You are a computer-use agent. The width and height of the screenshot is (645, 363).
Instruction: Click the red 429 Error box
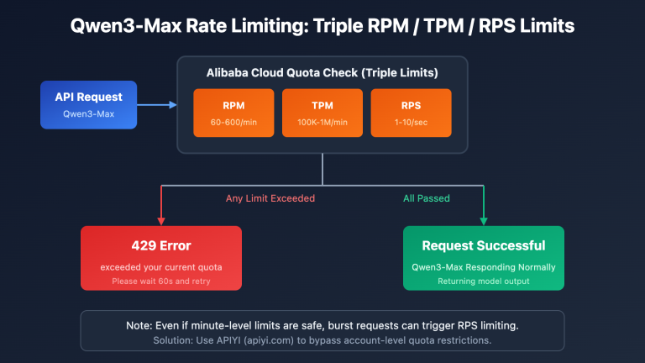[x=160, y=257]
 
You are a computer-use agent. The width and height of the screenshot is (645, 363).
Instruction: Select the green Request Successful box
[x=484, y=257]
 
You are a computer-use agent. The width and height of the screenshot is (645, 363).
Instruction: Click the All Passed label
[x=427, y=199]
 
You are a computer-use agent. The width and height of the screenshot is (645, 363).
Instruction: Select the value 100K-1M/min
[x=322, y=123]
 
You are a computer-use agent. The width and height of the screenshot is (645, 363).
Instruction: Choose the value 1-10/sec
[x=411, y=123]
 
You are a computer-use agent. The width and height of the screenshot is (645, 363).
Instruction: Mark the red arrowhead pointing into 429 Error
[x=160, y=222]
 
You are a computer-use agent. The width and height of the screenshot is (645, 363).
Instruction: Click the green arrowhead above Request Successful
[x=484, y=222]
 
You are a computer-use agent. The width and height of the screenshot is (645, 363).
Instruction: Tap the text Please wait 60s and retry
[x=160, y=281]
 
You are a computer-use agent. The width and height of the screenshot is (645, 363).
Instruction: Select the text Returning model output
[x=484, y=281]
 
